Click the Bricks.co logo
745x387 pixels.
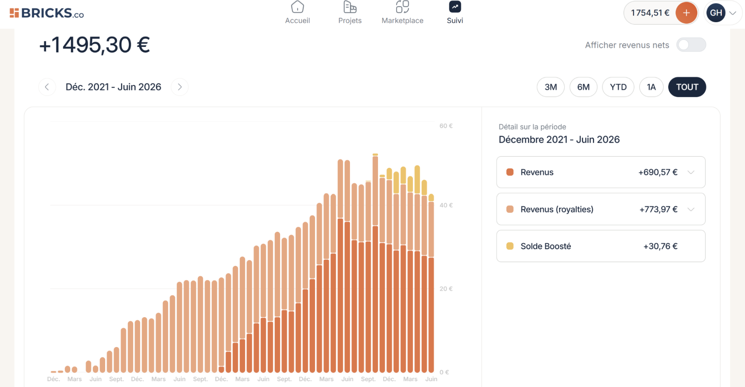47,13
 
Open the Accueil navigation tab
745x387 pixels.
297,13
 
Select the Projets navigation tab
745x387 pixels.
350,13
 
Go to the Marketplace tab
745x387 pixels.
402,13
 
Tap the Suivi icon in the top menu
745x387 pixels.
455,7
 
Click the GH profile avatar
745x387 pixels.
716,13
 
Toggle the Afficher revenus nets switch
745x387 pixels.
691,45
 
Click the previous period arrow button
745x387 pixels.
47,87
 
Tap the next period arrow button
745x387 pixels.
180,87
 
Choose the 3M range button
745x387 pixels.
551,87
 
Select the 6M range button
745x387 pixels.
583,87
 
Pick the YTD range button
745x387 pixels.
618,87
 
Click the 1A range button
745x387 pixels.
651,87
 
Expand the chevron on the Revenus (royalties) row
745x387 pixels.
691,209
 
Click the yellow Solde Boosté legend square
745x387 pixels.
510,246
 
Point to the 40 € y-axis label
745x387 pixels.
446,205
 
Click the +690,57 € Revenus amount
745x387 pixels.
658,172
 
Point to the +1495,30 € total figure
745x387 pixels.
95,45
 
